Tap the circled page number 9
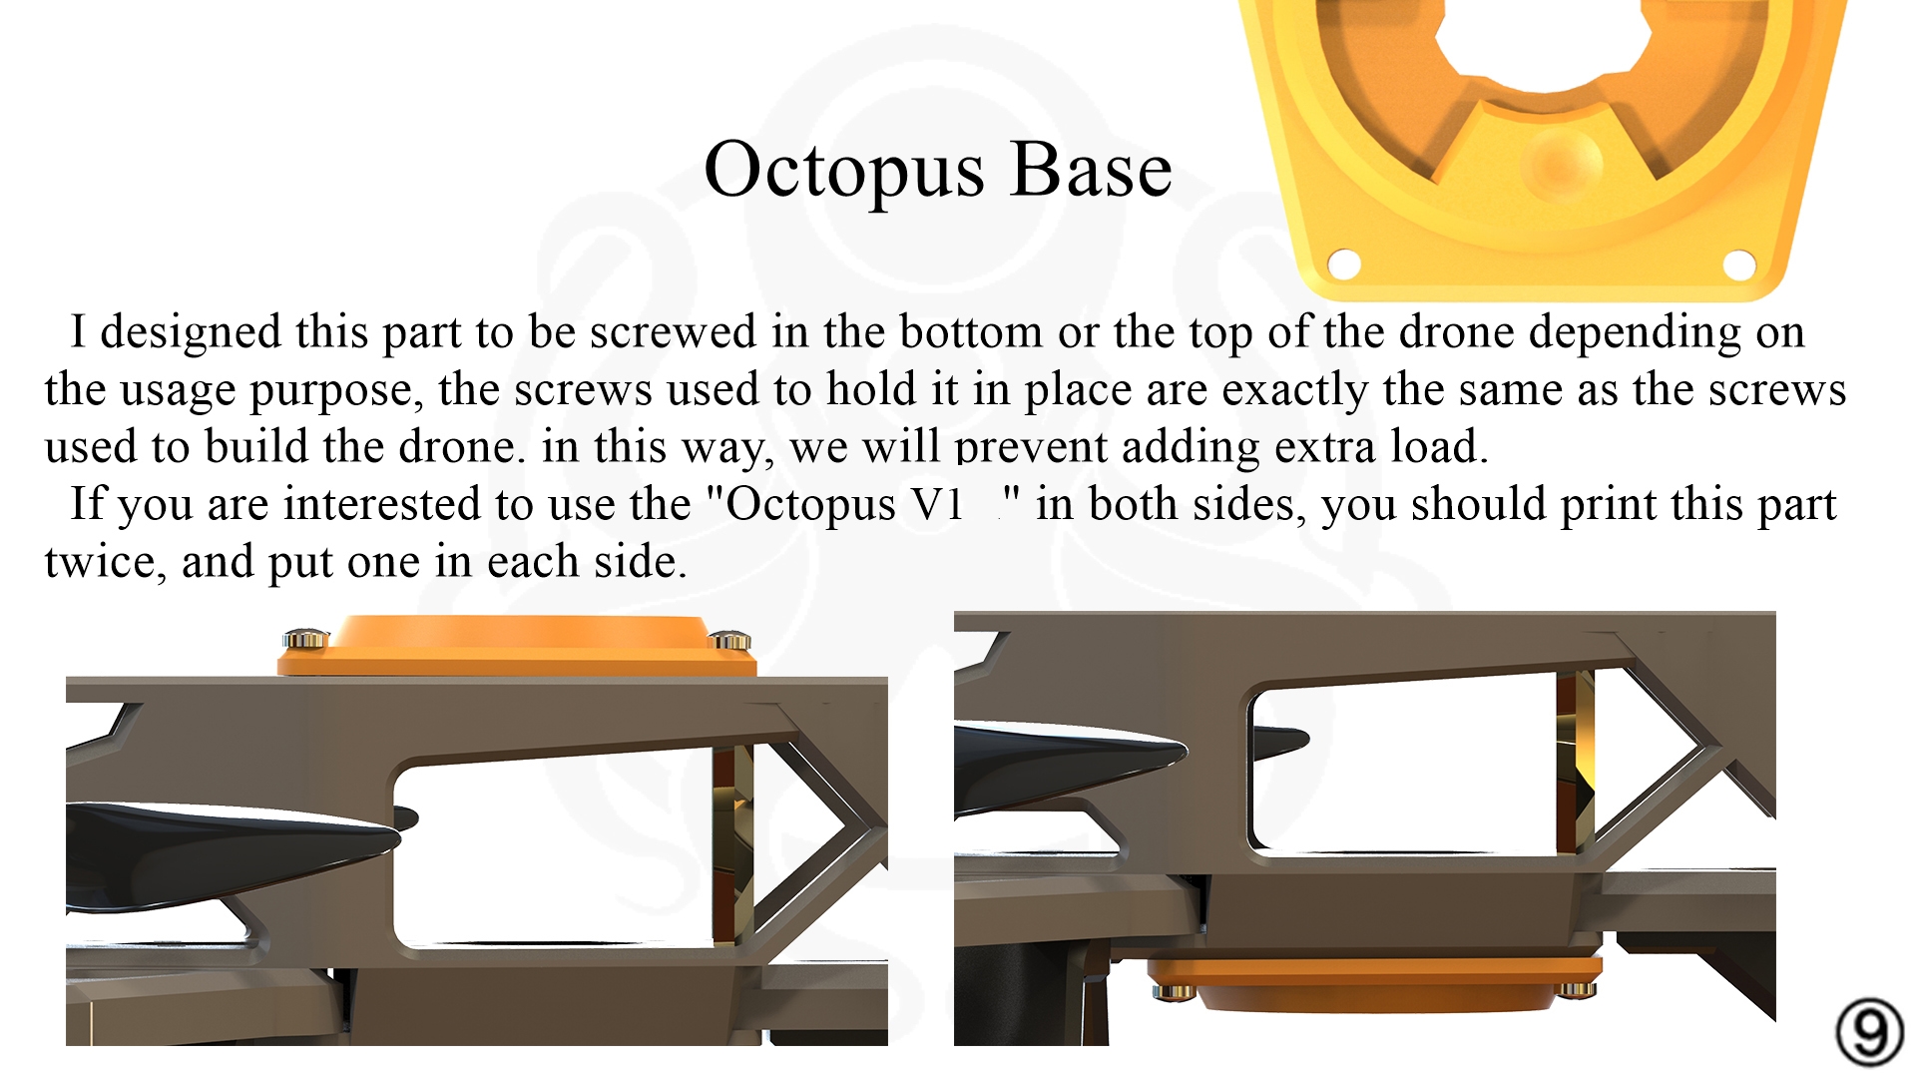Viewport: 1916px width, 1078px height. point(1870,1032)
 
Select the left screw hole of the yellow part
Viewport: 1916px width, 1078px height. point(1344,265)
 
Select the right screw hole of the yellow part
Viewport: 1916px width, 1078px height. point(1739,265)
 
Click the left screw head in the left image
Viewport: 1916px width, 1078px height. point(306,639)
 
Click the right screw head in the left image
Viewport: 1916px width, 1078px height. point(729,640)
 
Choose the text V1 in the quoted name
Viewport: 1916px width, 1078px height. point(937,505)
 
